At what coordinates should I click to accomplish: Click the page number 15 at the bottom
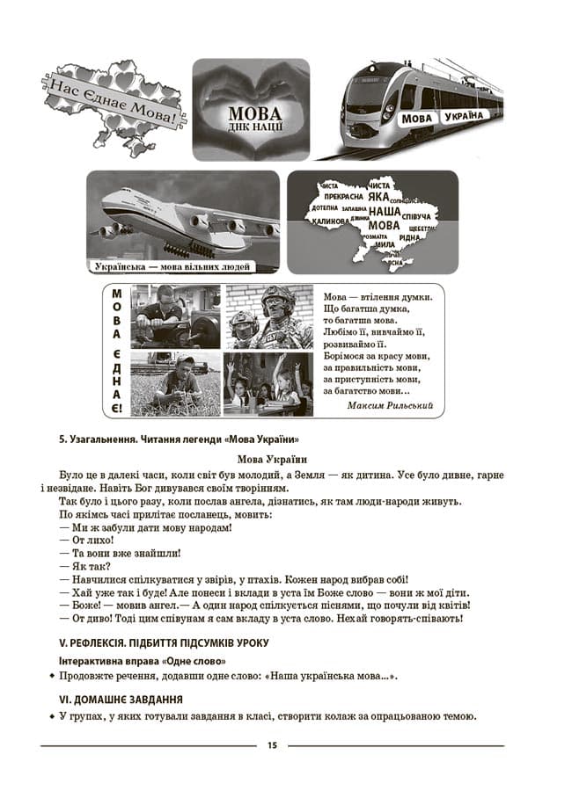tap(272, 745)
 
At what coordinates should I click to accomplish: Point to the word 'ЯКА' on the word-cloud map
tap(379, 199)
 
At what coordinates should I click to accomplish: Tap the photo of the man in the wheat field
tap(175, 384)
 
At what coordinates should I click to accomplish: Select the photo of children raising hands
tap(268, 384)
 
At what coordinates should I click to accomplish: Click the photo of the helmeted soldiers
tap(268, 317)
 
